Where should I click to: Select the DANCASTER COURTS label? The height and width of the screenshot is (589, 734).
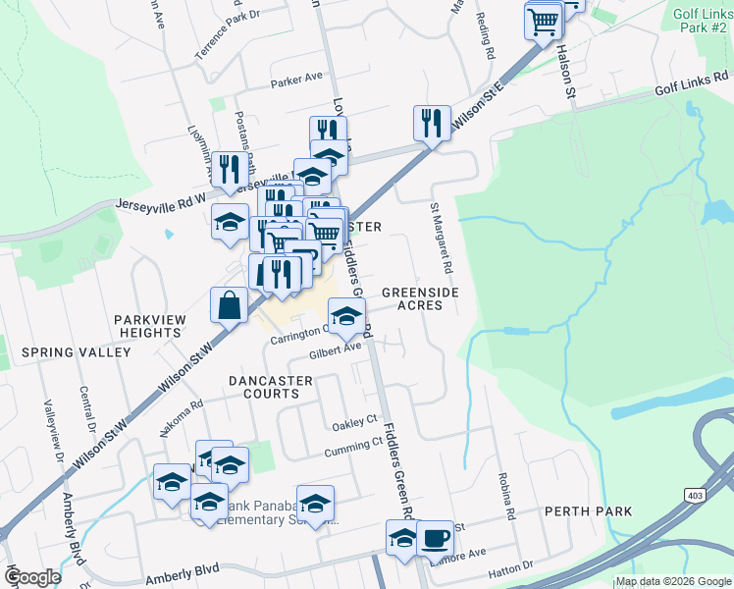pyautogui.click(x=263, y=386)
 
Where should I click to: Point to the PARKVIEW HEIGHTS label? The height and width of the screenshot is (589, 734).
pyautogui.click(x=146, y=326)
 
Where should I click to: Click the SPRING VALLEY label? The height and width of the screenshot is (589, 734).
pyautogui.click(x=76, y=351)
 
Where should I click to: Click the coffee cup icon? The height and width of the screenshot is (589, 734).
pyautogui.click(x=435, y=538)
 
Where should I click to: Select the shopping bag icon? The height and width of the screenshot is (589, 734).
pyautogui.click(x=229, y=304)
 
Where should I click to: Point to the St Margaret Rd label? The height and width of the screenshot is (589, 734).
pyautogui.click(x=441, y=237)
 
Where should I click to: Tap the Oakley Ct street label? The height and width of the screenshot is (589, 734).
pyautogui.click(x=355, y=422)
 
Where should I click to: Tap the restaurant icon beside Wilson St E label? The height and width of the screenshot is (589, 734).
pyautogui.click(x=432, y=123)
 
